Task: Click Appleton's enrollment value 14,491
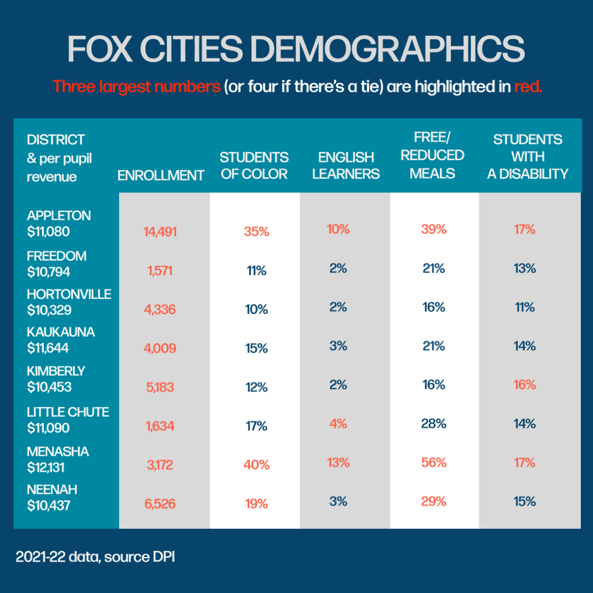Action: point(160,232)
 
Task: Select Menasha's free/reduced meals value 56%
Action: point(434,463)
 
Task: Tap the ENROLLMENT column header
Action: point(161,175)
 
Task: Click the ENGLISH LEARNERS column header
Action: point(346,166)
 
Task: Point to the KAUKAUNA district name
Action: point(61,332)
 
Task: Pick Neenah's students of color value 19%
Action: point(256,504)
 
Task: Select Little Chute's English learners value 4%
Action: point(338,424)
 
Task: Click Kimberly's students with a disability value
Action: point(525,384)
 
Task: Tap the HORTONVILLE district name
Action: point(69,294)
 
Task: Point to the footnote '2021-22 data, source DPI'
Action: point(95,557)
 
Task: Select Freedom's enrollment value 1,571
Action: point(160,271)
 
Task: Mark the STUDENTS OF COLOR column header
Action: point(254,166)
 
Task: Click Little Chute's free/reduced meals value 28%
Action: point(434,424)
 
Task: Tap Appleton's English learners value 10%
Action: point(338,230)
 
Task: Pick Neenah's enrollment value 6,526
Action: point(160,504)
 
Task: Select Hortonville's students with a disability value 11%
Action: point(525,307)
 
